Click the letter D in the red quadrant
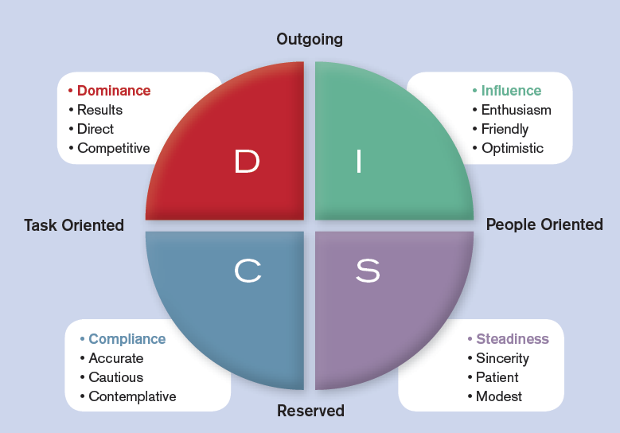pyautogui.click(x=248, y=162)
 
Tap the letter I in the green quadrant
pyautogui.click(x=359, y=162)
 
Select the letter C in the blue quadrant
pyautogui.click(x=248, y=271)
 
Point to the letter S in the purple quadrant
pyautogui.click(x=367, y=271)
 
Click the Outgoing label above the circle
pyautogui.click(x=310, y=39)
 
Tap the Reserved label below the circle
pyautogui.click(x=310, y=411)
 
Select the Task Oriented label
pyautogui.click(x=74, y=225)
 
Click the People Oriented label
pyautogui.click(x=544, y=224)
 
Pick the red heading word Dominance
pyautogui.click(x=114, y=91)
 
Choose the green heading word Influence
pyautogui.click(x=511, y=91)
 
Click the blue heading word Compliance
pyautogui.click(x=127, y=339)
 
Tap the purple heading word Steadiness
pyautogui.click(x=513, y=339)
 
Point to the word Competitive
pyautogui.click(x=114, y=148)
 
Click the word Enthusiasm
pyautogui.click(x=516, y=110)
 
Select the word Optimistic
pyautogui.click(x=513, y=148)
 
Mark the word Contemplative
pyautogui.click(x=132, y=396)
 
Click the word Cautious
pyautogui.click(x=116, y=377)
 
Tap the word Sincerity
pyautogui.click(x=502, y=358)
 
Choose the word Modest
pyautogui.click(x=499, y=396)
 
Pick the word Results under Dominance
pyautogui.click(x=99, y=110)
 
